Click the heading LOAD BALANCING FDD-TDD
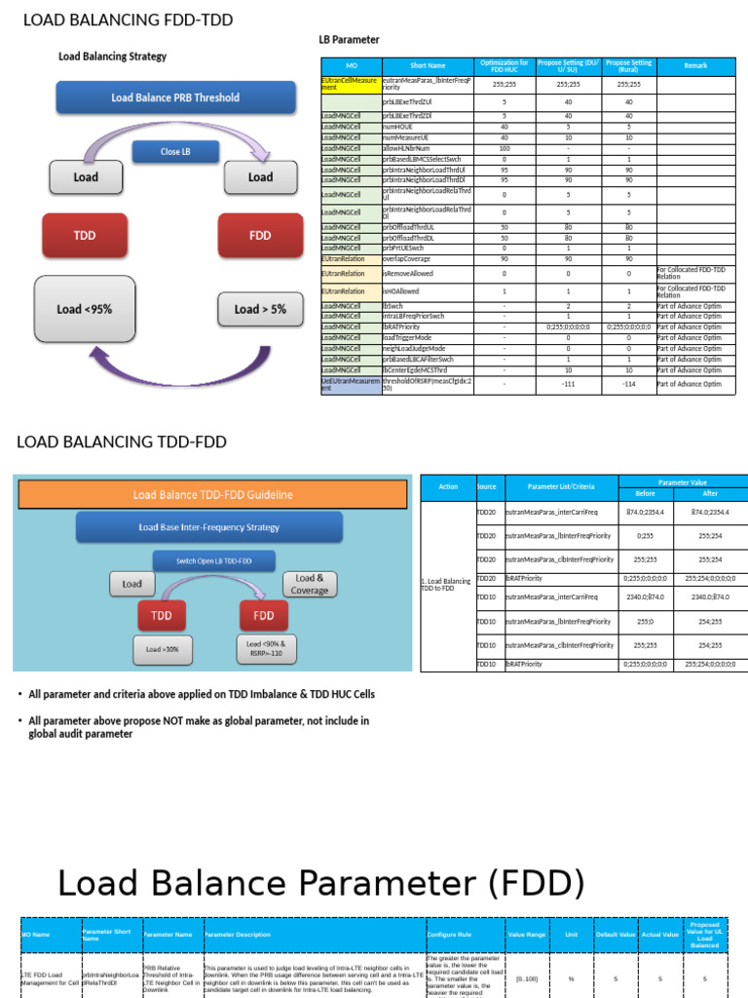[128, 20]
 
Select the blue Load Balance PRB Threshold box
[175, 97]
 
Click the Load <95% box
[84, 309]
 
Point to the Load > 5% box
[260, 309]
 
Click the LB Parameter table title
[349, 40]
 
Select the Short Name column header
[428, 65]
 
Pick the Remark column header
[695, 65]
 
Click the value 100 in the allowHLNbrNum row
[505, 148]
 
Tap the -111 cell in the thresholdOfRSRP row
[567, 384]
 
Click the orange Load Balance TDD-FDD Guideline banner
[212, 494]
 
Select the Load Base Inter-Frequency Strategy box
[208, 527]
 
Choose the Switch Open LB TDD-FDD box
[213, 560]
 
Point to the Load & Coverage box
[310, 585]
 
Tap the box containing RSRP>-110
[263, 649]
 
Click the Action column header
[448, 486]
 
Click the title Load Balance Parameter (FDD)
[321, 884]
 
